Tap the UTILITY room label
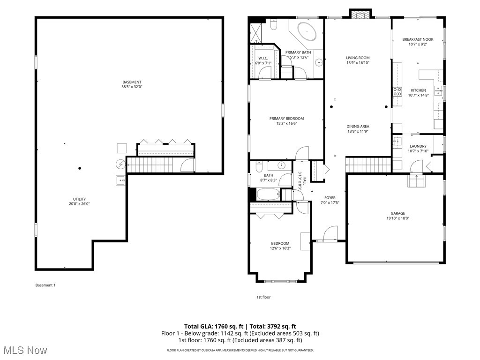(79, 199)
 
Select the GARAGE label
(398, 213)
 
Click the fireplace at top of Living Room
(360, 14)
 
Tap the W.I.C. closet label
(263, 58)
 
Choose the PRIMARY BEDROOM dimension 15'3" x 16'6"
(286, 124)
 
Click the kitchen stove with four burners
(397, 91)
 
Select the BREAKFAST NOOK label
(418, 39)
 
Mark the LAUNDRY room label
(418, 146)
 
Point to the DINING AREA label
(358, 127)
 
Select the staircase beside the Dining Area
(368, 165)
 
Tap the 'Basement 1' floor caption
(45, 285)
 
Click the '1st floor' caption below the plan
(263, 297)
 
